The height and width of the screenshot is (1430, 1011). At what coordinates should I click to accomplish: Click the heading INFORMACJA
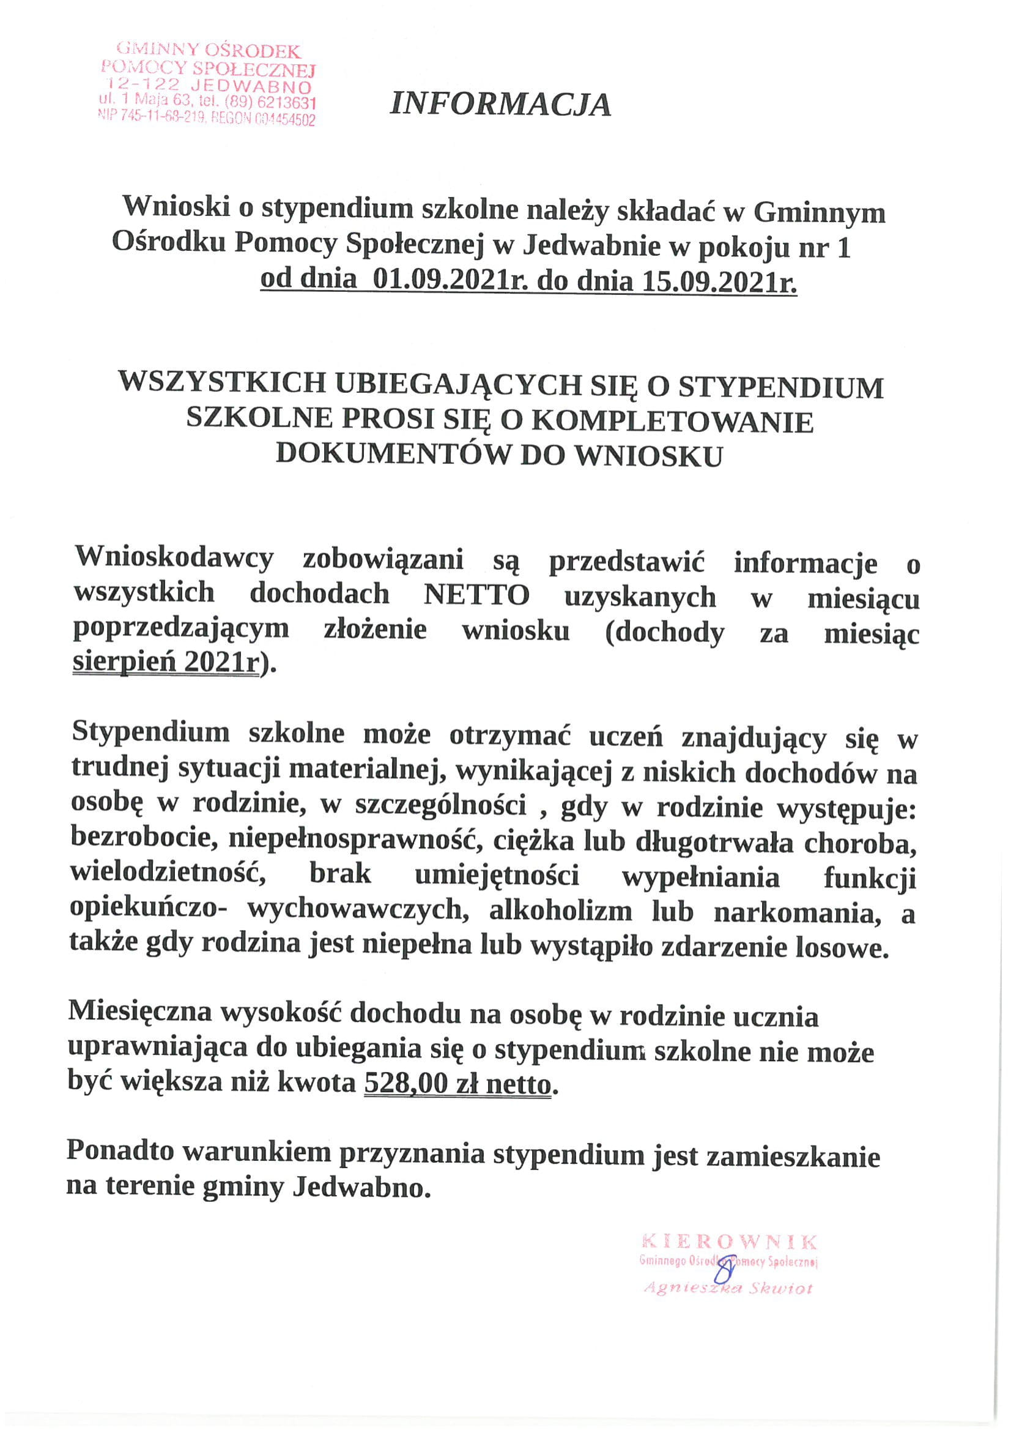coord(500,105)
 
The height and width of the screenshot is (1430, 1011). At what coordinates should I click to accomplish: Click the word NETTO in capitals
coord(476,595)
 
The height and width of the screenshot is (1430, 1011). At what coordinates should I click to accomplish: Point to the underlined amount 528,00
coord(406,1084)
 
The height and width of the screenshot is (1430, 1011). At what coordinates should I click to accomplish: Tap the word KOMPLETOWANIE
coord(673,422)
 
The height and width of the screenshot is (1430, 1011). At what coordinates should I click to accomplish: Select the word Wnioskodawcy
coord(174,557)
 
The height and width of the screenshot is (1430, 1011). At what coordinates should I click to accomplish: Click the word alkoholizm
coord(560,912)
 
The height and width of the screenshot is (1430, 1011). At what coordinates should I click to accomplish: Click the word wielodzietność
coord(168,874)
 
